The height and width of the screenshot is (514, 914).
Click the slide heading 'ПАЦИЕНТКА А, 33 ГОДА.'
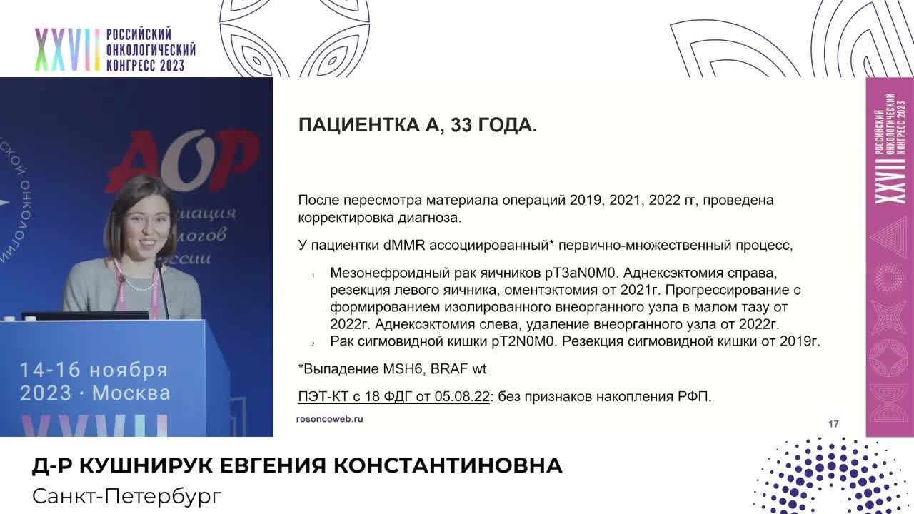[417, 126]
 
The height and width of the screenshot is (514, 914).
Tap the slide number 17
[833, 424]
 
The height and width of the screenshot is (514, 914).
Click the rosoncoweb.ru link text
[329, 419]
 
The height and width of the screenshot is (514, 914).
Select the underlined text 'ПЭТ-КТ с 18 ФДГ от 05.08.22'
[393, 397]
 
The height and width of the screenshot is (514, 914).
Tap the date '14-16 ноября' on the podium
[94, 370]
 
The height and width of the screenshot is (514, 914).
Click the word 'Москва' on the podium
[131, 393]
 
